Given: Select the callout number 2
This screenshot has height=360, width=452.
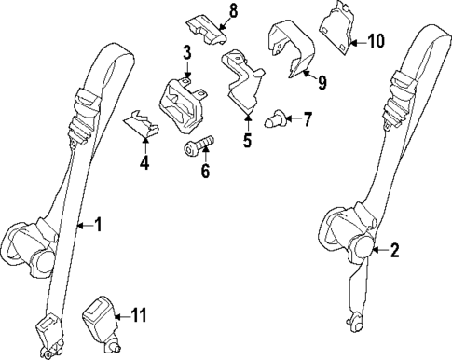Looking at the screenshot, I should coord(394,249).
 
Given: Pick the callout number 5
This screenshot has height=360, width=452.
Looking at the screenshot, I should coord(248,143).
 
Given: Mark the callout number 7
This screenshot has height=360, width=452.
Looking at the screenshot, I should coord(308,118).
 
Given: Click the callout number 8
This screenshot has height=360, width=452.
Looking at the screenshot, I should coord(233,10).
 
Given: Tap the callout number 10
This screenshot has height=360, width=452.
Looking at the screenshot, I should coord(376,41).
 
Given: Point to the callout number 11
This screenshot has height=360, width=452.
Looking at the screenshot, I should coord(139,316).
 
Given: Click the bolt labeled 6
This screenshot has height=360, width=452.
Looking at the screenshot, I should coord(198,145).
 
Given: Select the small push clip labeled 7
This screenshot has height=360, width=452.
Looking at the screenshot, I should coord(277,118).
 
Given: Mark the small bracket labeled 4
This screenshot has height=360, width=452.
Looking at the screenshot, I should coord(139,125).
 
